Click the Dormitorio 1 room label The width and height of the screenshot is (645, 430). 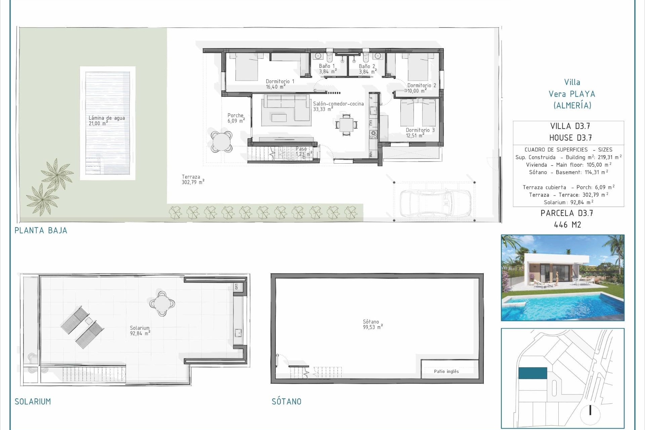(x=279, y=84)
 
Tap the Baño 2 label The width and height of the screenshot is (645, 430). (x=367, y=69)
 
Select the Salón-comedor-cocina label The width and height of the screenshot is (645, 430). (x=338, y=106)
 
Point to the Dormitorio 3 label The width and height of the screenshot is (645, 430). (x=420, y=133)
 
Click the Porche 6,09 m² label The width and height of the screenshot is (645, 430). (x=236, y=118)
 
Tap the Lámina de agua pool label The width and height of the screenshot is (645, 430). (x=106, y=121)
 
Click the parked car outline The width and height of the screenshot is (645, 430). (x=435, y=203)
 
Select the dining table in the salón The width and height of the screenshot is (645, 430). (x=346, y=125)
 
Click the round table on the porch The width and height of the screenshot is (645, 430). (x=222, y=141)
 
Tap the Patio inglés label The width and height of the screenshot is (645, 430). (x=446, y=371)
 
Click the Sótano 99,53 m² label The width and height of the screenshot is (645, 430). (x=372, y=324)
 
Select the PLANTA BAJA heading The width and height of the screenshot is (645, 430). (x=41, y=230)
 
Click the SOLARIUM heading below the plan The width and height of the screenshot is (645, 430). (x=33, y=401)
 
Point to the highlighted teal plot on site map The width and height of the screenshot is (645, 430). (x=532, y=373)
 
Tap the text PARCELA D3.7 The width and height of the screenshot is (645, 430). (x=567, y=213)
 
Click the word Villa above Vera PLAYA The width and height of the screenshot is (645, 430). (x=572, y=82)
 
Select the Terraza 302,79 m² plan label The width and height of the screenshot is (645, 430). (x=192, y=179)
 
